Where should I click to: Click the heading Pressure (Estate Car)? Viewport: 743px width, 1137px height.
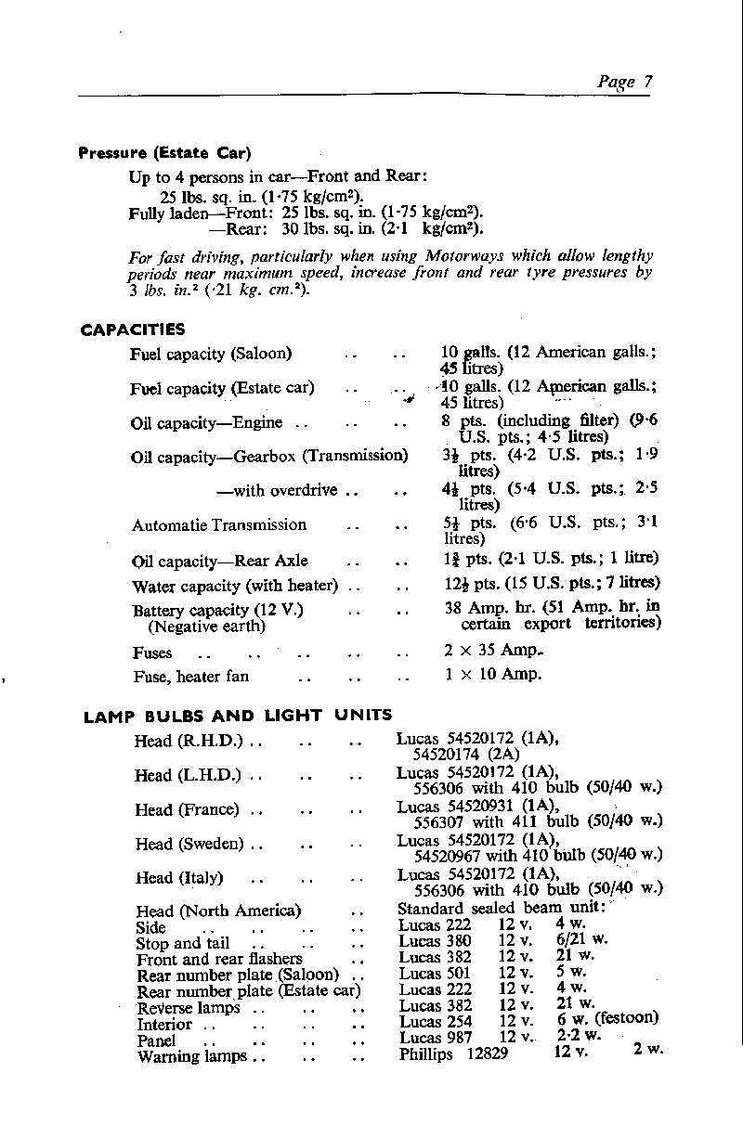coord(164,153)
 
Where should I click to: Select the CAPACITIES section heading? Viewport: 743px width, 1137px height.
coord(133,329)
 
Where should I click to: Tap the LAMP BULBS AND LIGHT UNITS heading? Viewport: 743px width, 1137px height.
coord(238,716)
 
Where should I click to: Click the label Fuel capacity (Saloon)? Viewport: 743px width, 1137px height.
coord(211,354)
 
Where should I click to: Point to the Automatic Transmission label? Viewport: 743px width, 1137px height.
coord(219,525)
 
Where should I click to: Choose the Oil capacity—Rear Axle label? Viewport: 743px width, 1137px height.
coord(220,562)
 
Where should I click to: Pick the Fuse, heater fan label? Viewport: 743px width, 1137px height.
coord(191,677)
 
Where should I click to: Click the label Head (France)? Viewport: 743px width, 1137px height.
coord(187,810)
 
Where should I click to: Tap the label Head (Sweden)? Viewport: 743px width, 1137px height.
coord(189,845)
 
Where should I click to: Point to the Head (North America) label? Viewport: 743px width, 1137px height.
coord(218,911)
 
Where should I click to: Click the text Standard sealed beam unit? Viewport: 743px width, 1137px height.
coord(502,909)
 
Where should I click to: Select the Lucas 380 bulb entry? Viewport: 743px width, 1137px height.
coord(435,942)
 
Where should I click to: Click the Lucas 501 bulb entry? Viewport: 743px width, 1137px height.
coord(435,975)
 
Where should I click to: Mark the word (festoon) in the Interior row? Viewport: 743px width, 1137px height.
coord(627,1017)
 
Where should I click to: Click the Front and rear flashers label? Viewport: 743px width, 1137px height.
coord(219,959)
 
